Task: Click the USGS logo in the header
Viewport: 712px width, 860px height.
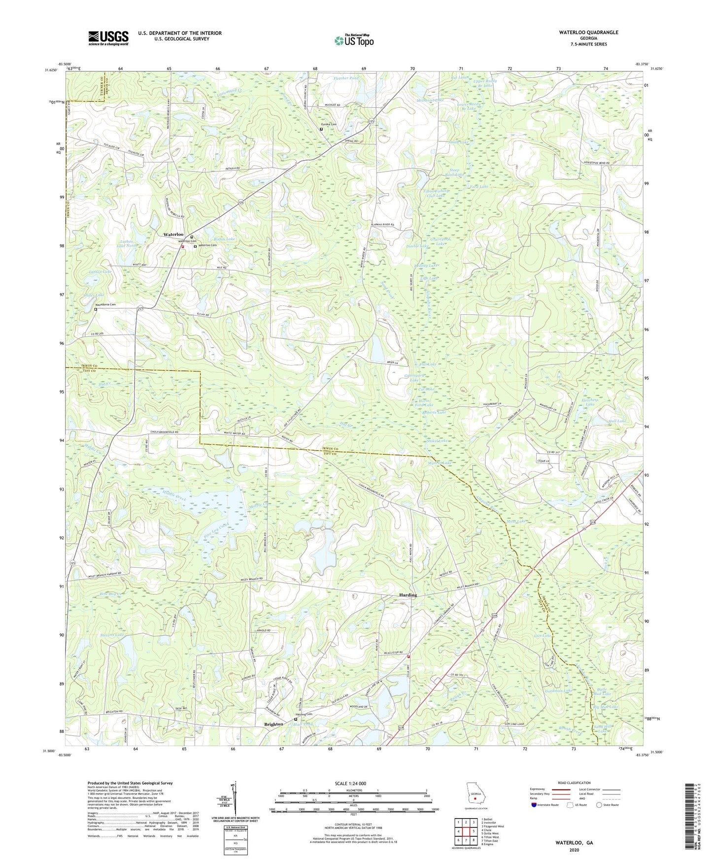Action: click(x=108, y=38)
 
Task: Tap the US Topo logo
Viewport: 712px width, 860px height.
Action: click(x=353, y=40)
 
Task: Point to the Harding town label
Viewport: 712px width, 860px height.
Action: click(x=407, y=595)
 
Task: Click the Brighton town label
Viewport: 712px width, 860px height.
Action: click(x=273, y=724)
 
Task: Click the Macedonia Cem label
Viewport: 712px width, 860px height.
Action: click(x=105, y=304)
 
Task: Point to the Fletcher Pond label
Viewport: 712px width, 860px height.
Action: click(x=346, y=78)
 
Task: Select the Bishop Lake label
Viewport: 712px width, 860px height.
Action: click(x=224, y=239)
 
